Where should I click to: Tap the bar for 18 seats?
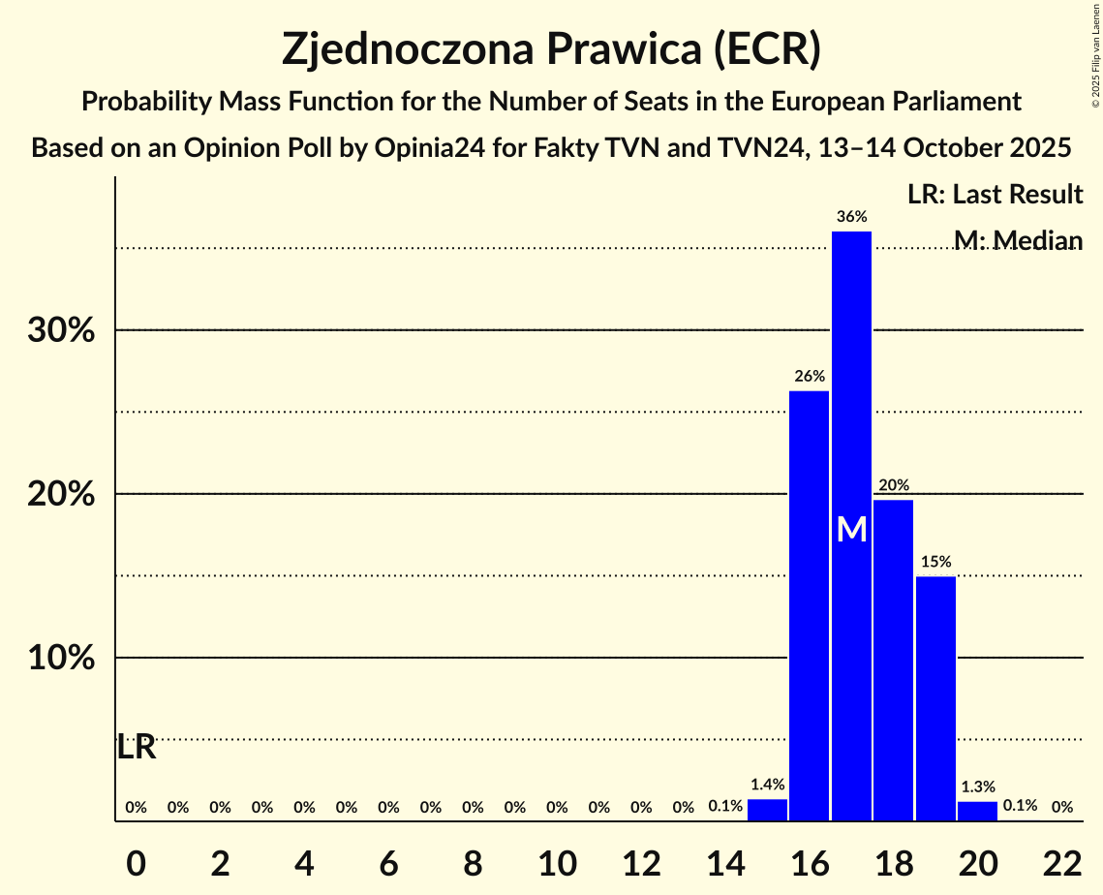click(x=893, y=659)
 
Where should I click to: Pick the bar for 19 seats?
click(x=935, y=697)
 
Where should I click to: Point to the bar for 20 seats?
click(x=977, y=812)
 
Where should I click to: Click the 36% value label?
click(x=851, y=217)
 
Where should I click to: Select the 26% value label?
click(x=810, y=376)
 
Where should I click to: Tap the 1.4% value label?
click(x=767, y=785)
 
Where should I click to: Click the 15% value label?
click(x=935, y=562)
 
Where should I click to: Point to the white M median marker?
click(x=851, y=529)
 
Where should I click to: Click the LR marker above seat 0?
click(x=137, y=748)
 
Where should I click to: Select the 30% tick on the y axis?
click(x=61, y=331)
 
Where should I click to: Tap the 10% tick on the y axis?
click(x=61, y=659)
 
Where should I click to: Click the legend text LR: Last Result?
click(x=995, y=195)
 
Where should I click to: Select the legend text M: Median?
click(x=1018, y=240)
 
